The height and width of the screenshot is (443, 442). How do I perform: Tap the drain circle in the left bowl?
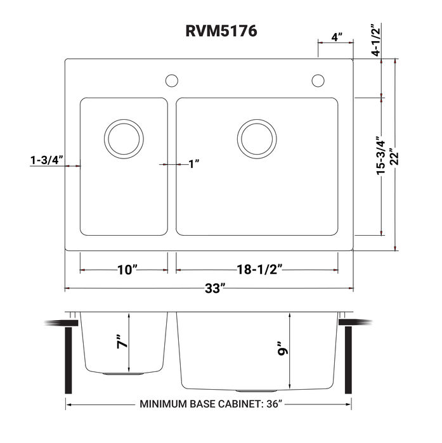(124, 138)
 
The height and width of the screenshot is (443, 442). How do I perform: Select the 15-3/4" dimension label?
(379, 156)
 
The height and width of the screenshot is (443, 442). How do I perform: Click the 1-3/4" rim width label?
(46, 160)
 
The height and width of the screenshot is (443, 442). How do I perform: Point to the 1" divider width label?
(194, 164)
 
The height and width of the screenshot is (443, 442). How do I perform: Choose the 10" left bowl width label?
(127, 270)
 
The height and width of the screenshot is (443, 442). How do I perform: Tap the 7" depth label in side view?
(122, 343)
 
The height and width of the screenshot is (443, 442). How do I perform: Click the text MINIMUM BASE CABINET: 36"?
(210, 404)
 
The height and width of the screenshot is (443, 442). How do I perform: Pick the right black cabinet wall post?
(348, 359)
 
